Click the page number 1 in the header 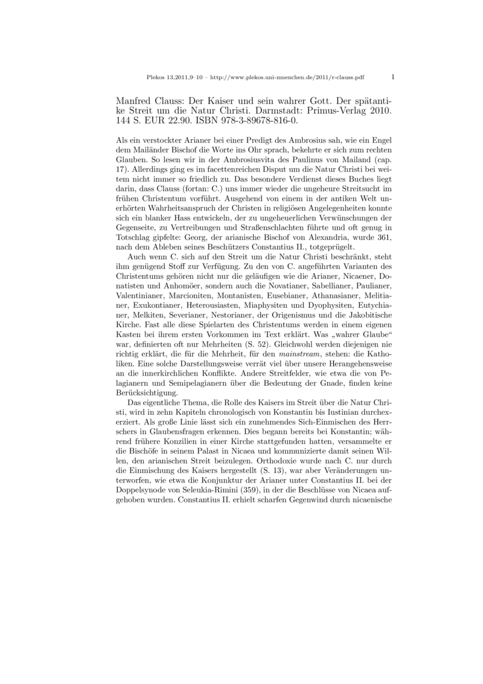393,77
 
